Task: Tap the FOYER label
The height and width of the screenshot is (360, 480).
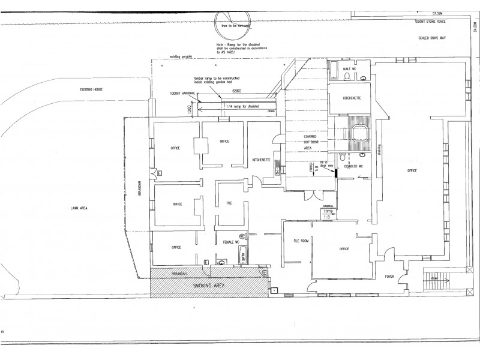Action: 388,277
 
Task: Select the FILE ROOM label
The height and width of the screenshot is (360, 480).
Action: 301,241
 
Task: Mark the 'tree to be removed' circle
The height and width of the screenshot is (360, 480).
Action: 232,26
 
